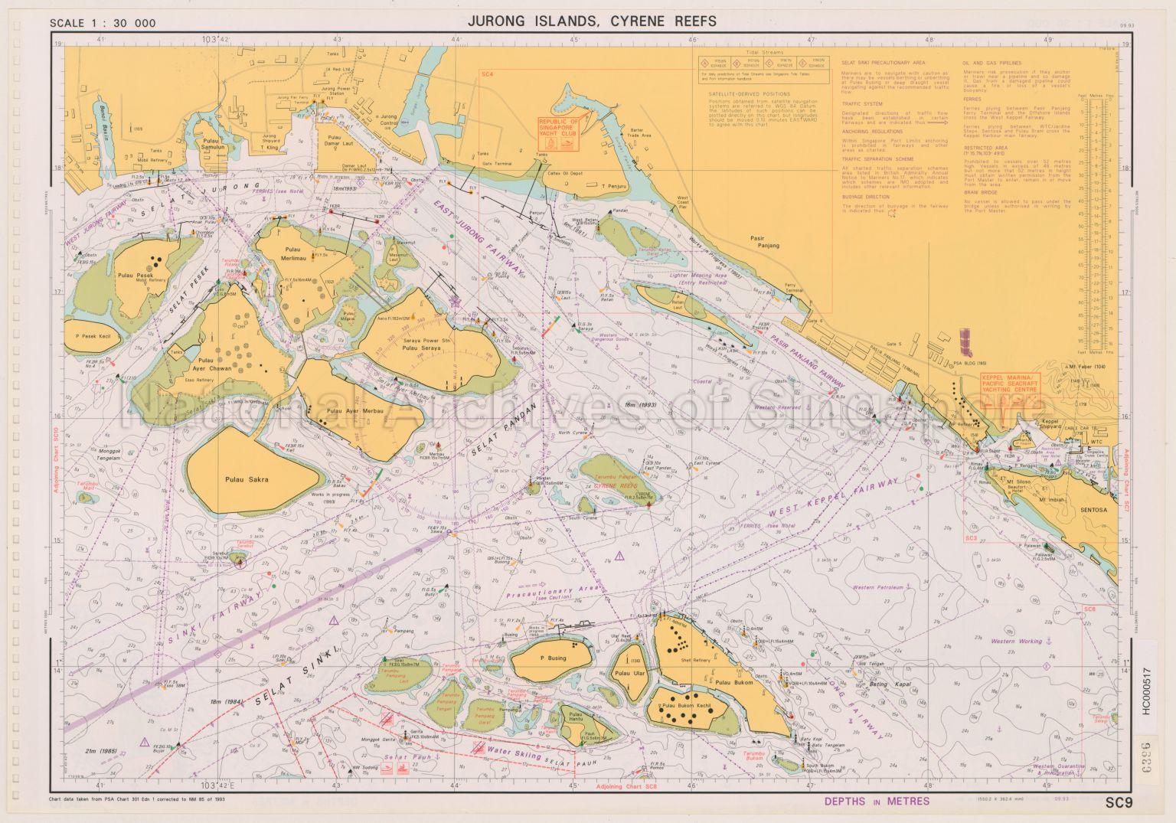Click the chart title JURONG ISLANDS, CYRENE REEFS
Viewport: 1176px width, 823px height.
(x=588, y=21)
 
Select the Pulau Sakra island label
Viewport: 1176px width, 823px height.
(x=247, y=480)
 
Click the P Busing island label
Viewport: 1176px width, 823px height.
(x=552, y=658)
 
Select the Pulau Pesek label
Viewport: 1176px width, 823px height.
(x=136, y=274)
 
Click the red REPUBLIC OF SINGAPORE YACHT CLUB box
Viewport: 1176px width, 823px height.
(x=559, y=132)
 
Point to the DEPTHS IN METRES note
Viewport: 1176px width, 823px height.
(x=877, y=802)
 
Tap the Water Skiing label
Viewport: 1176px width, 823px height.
(x=511, y=753)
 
